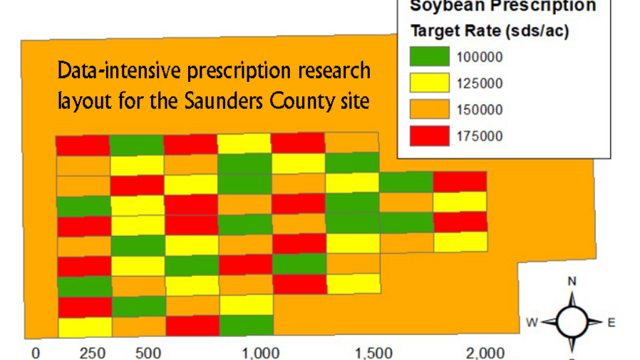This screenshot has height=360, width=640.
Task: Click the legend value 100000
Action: coord(480,57)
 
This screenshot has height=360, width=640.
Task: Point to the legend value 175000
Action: coord(480,136)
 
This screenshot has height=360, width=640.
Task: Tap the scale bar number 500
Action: coord(148,353)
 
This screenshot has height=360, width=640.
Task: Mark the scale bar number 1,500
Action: coord(373,353)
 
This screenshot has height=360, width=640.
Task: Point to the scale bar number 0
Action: coord(36,353)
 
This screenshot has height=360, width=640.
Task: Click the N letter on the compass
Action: coord(572,281)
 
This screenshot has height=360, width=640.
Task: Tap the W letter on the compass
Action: coord(532,322)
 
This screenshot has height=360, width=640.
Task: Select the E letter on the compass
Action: coord(611,322)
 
